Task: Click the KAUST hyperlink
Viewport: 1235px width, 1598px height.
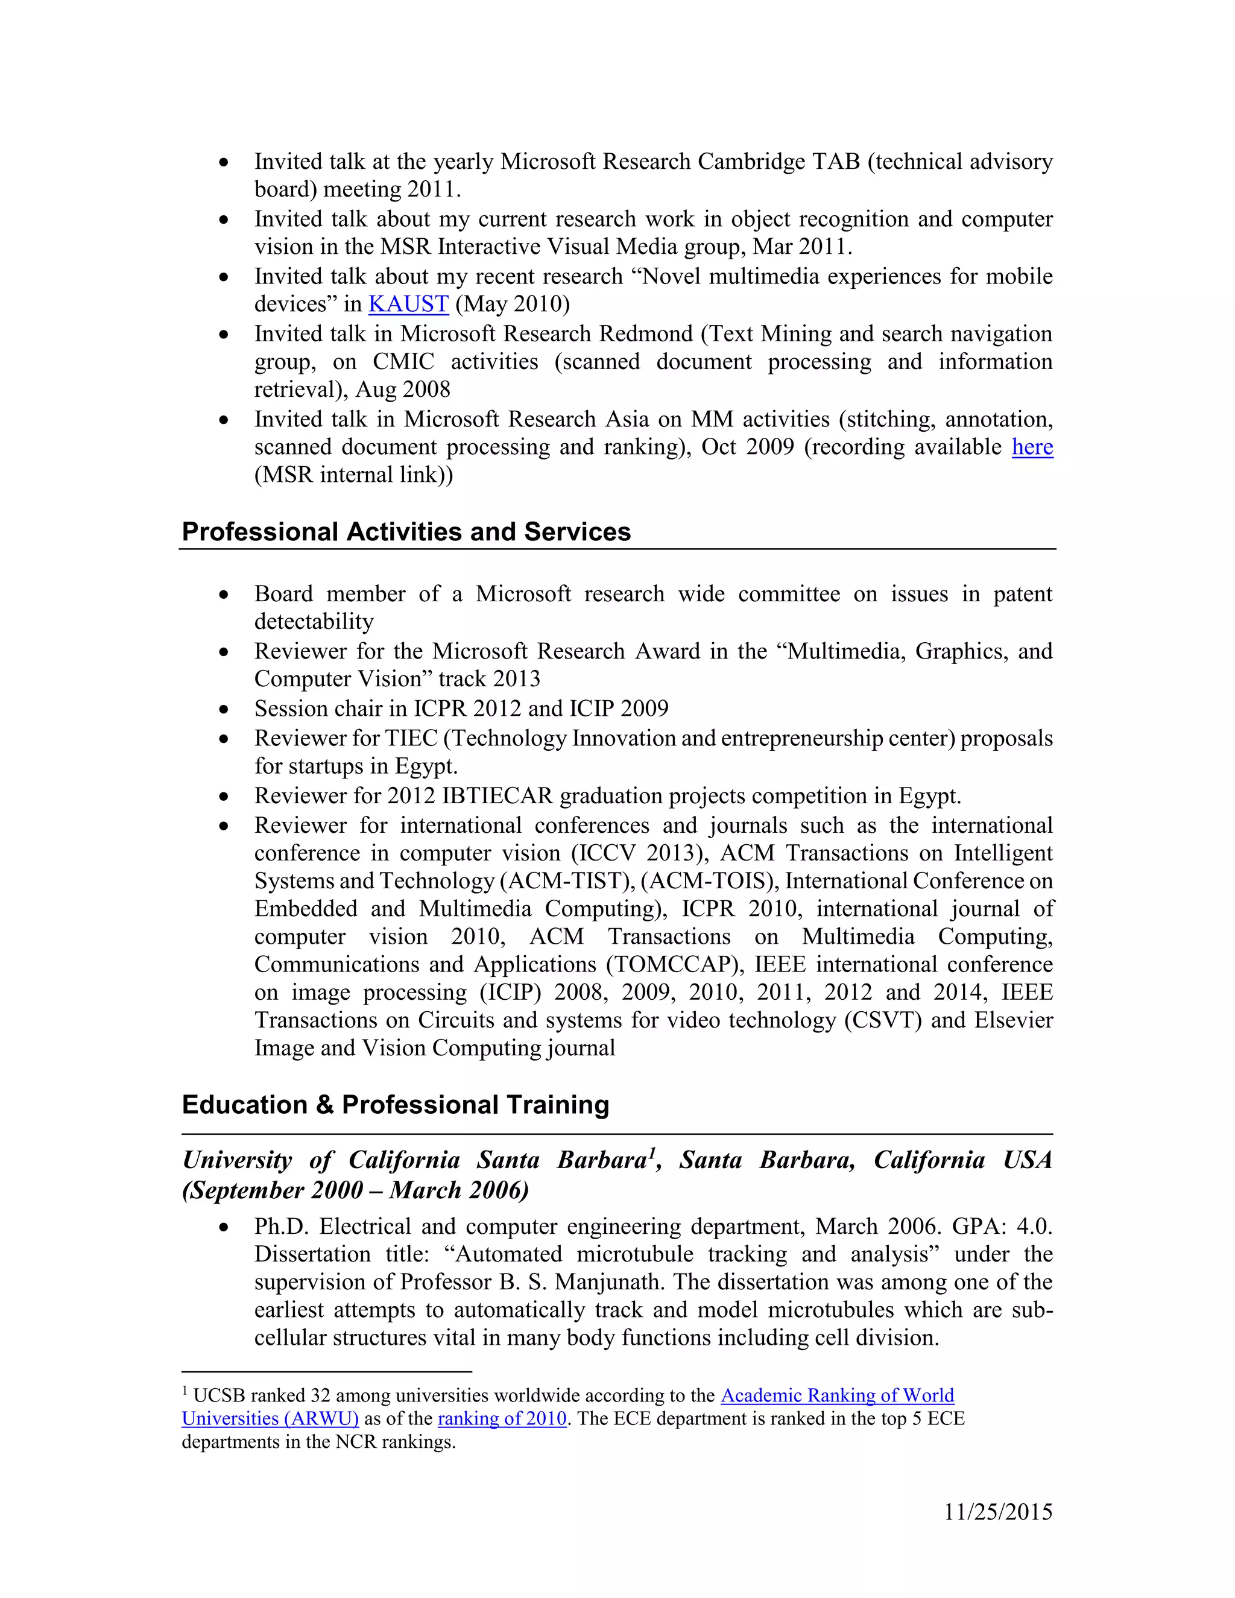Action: [x=408, y=304]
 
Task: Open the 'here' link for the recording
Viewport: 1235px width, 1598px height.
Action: [x=1032, y=446]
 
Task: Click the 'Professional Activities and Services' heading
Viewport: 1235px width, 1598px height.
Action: [x=406, y=531]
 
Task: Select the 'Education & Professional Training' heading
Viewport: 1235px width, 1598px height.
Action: [x=395, y=1104]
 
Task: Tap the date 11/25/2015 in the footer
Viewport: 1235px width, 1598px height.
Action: [x=998, y=1512]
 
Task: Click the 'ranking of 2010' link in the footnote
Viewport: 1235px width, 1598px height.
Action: [x=502, y=1418]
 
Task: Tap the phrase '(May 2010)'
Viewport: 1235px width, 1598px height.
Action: [x=512, y=304]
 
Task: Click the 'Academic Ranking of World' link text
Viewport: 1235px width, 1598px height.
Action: [x=837, y=1395]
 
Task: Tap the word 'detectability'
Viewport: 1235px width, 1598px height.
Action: [x=314, y=621]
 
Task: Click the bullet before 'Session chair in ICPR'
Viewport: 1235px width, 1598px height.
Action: [x=224, y=709]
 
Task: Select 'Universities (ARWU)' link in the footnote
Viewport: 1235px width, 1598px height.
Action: [x=270, y=1418]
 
